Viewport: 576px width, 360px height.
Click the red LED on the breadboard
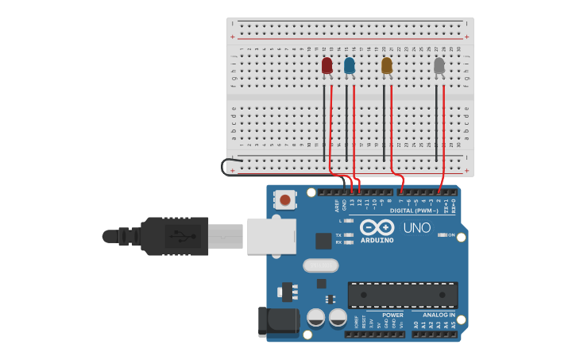point(327,65)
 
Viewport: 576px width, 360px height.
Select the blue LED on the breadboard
point(350,65)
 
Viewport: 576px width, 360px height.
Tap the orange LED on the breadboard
point(387,65)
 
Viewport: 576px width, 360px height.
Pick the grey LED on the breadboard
point(439,65)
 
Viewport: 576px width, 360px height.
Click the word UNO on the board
point(417,228)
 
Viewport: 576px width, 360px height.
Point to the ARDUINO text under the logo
point(377,240)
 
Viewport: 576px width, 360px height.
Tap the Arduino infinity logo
point(377,226)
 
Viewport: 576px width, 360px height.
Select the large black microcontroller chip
point(403,295)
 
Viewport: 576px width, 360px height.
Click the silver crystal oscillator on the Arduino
point(320,265)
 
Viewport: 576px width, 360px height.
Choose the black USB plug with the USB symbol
point(176,236)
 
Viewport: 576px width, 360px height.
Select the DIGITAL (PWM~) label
point(414,211)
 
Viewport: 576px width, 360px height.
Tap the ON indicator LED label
point(451,235)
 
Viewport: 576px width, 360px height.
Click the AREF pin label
point(337,205)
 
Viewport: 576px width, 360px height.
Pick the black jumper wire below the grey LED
point(436,119)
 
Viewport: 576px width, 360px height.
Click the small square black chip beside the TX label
point(323,241)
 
